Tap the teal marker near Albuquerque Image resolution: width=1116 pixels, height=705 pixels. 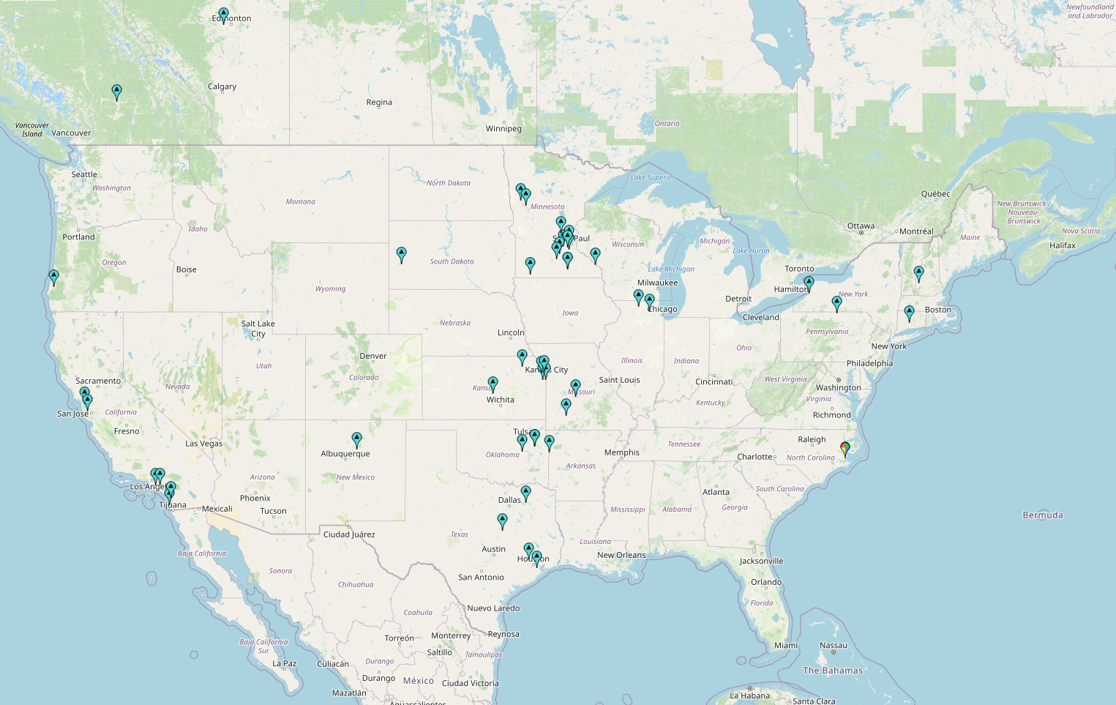coord(356,439)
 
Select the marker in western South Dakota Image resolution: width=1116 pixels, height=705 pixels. coord(401,254)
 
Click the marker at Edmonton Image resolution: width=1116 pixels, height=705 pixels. coord(223,15)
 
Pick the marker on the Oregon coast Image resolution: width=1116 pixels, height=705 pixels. coord(53,277)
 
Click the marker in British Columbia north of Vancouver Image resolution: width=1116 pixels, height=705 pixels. coord(116,92)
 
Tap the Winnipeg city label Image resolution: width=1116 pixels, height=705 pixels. coord(503,129)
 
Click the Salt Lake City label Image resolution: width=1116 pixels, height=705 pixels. coord(258,329)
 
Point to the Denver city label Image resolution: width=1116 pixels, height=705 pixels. coord(372,356)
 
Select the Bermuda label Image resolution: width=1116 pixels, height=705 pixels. coord(1042,515)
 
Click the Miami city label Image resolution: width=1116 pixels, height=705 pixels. coord(786,646)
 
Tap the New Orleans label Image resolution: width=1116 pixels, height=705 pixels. coord(621,555)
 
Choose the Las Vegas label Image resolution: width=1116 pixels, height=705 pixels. coord(203,444)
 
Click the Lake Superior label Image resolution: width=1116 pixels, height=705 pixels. coord(653,177)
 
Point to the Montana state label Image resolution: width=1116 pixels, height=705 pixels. coord(300,202)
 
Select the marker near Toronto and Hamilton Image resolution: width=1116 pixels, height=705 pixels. coord(809,283)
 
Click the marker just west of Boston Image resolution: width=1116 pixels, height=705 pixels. coord(909,313)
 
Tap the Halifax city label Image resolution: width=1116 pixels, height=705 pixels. coord(1062,246)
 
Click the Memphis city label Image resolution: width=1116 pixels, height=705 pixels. coord(621,452)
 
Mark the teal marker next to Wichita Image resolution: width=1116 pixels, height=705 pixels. coord(493,384)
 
